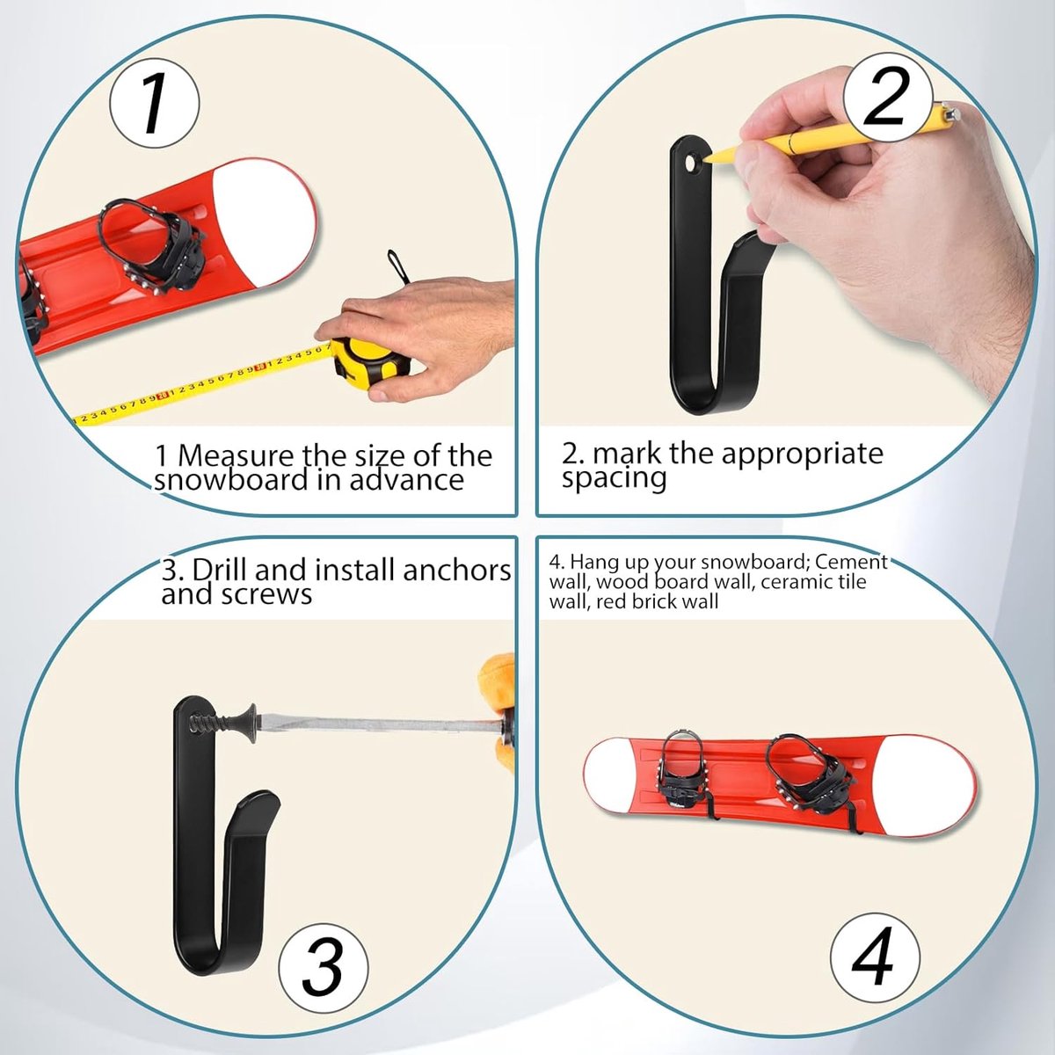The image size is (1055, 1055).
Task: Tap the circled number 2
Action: click(887, 98)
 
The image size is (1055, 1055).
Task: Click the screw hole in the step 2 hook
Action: click(691, 164)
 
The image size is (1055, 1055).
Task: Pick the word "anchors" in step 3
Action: click(456, 571)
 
